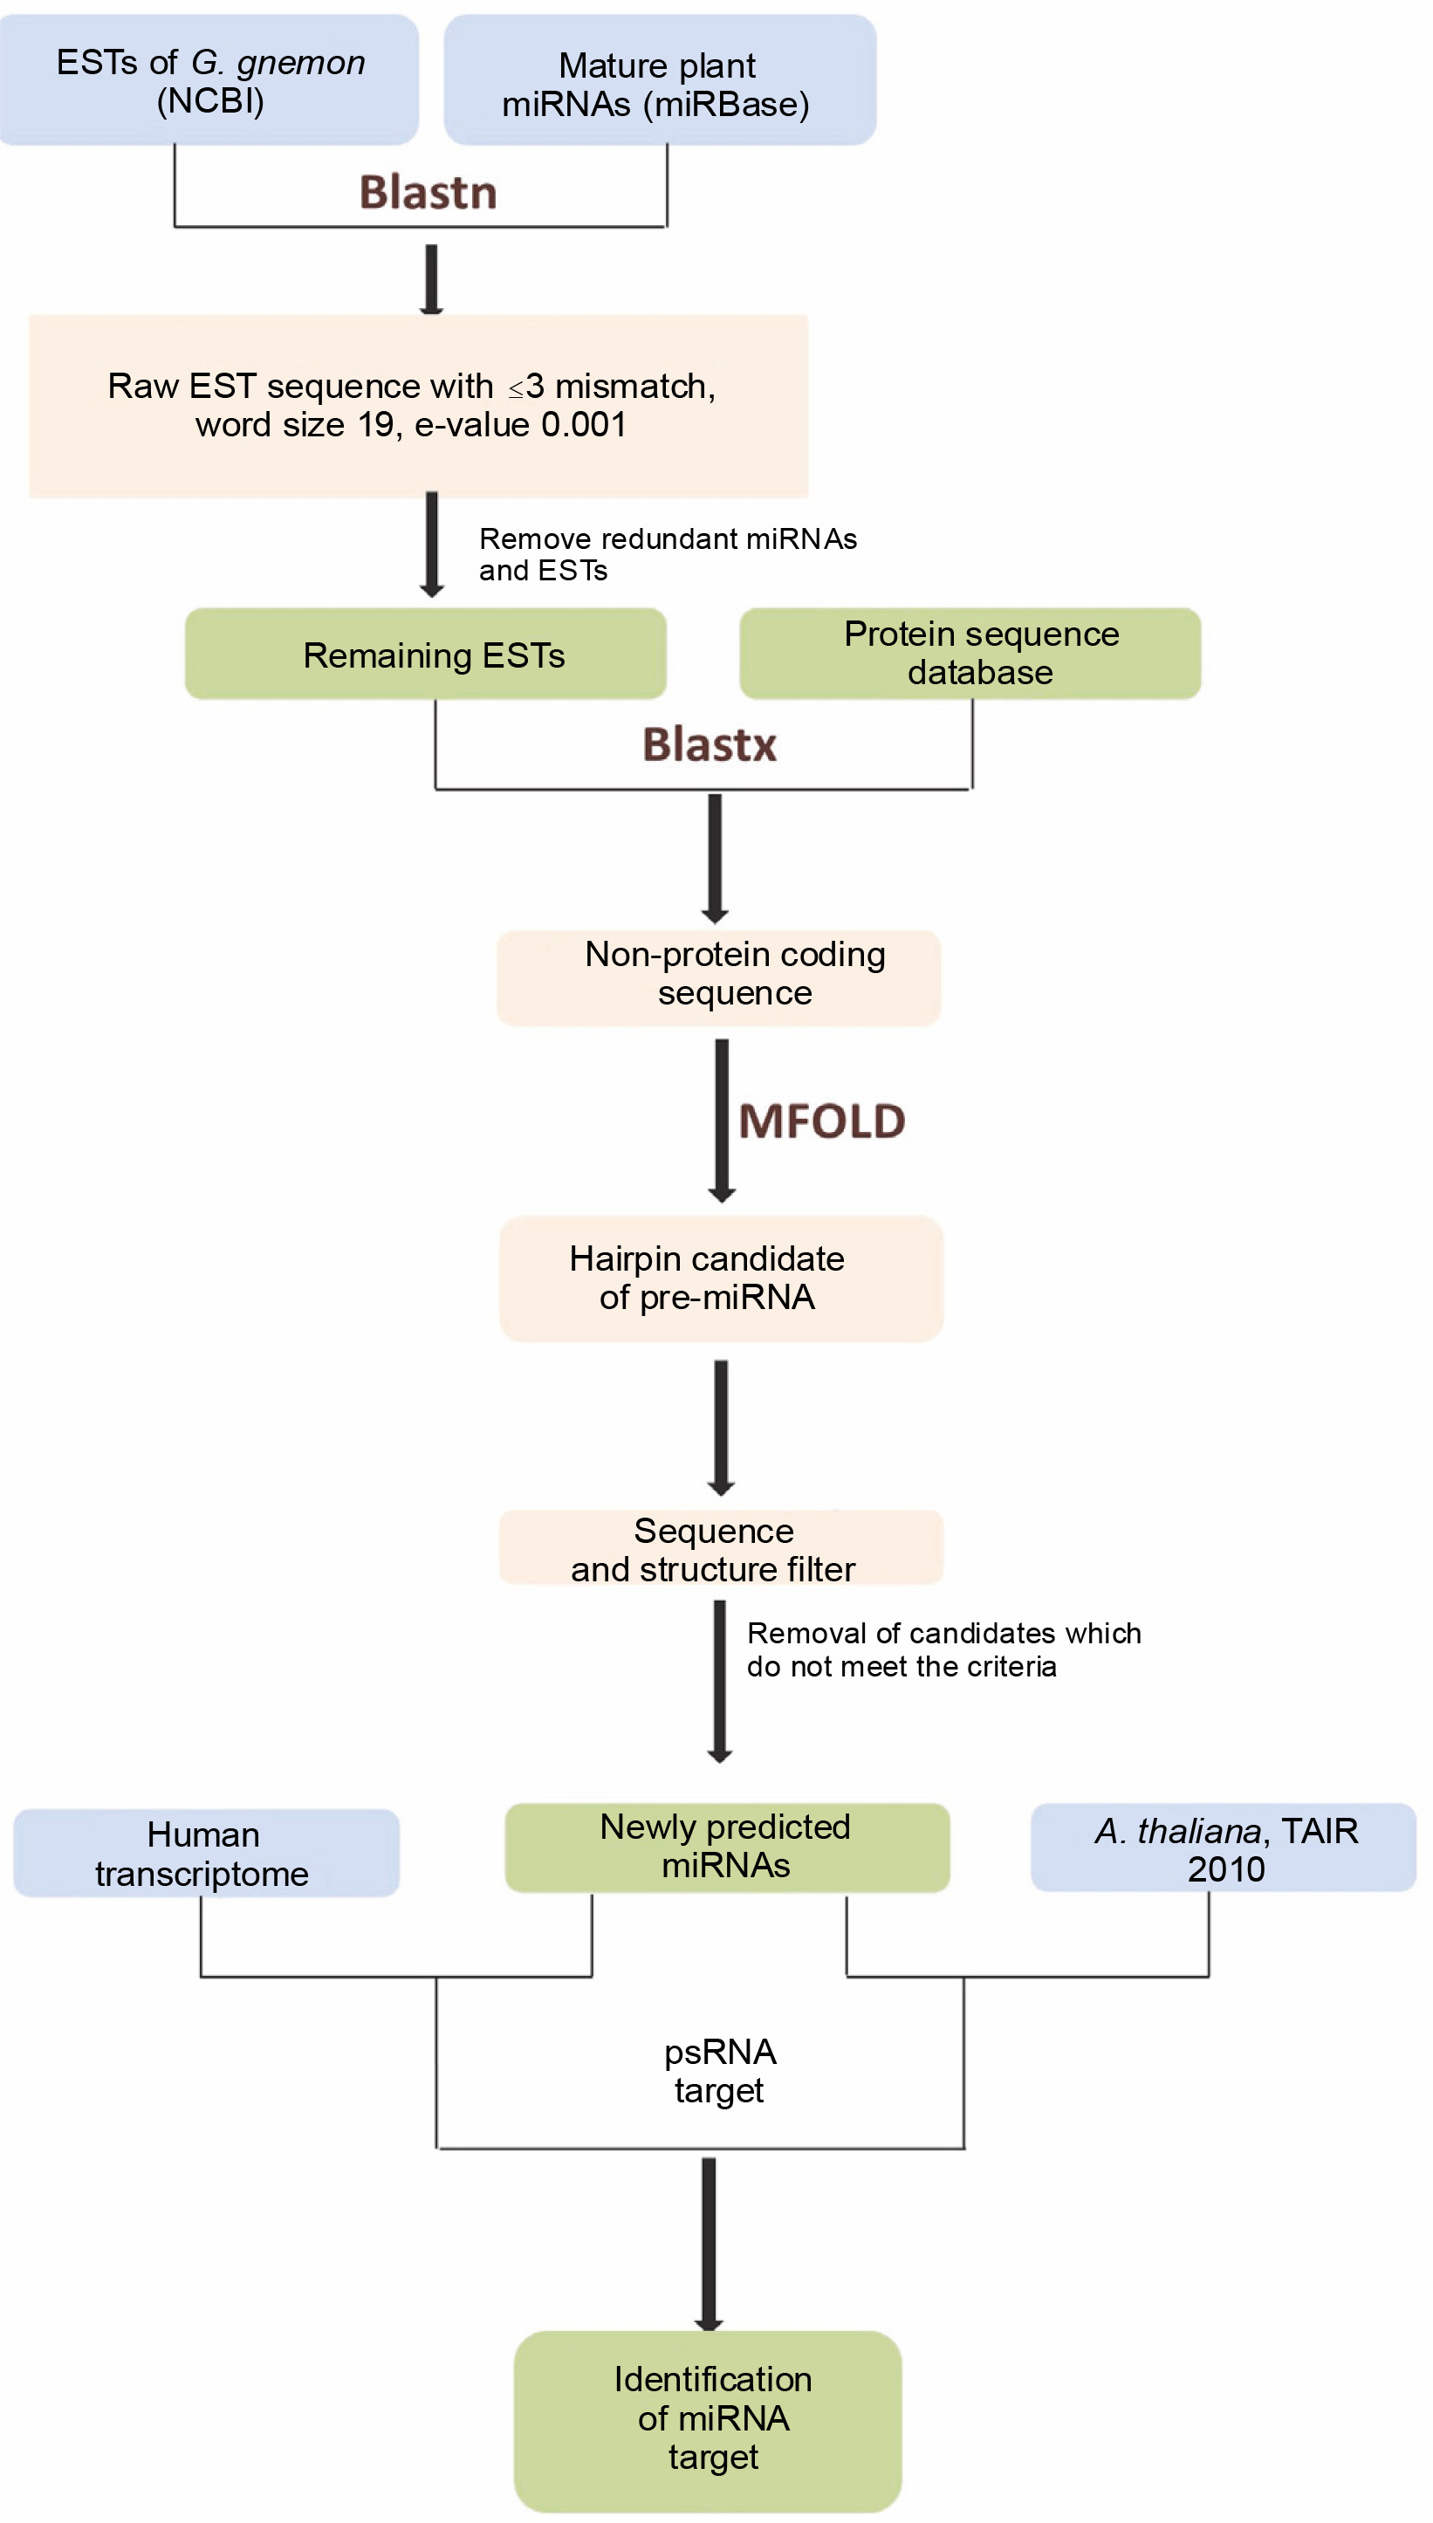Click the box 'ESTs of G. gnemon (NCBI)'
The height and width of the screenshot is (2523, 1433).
tap(209, 80)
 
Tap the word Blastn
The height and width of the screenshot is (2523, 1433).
tap(429, 192)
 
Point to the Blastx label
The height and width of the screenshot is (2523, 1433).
tap(710, 745)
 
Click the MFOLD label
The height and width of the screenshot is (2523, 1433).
tap(822, 1121)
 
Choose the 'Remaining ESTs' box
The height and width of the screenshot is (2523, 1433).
tap(425, 655)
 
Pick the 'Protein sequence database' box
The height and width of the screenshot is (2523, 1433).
tap(970, 654)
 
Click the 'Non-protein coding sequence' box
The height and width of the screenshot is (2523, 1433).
tap(718, 977)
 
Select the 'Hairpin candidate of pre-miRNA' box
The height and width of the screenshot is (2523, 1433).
tap(721, 1279)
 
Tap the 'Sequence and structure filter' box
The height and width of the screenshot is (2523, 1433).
tap(721, 1549)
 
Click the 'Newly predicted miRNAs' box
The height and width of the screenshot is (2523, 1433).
tap(726, 1847)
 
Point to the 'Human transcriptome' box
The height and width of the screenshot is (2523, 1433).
tap(206, 1854)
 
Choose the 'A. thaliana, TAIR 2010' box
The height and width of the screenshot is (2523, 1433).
tap(1224, 1848)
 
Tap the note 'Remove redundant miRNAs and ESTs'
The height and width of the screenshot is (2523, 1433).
tap(668, 554)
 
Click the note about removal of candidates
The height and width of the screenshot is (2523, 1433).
tap(943, 1649)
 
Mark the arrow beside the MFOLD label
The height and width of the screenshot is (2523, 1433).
tap(722, 1120)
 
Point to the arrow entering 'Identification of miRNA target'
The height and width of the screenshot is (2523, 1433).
tap(709, 2244)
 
